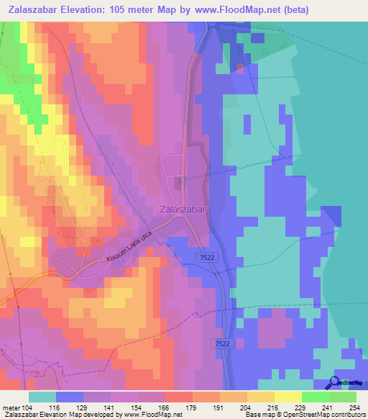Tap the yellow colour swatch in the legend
coord(260,397)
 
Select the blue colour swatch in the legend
coord(70,397)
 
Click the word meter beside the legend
coord(11,407)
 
